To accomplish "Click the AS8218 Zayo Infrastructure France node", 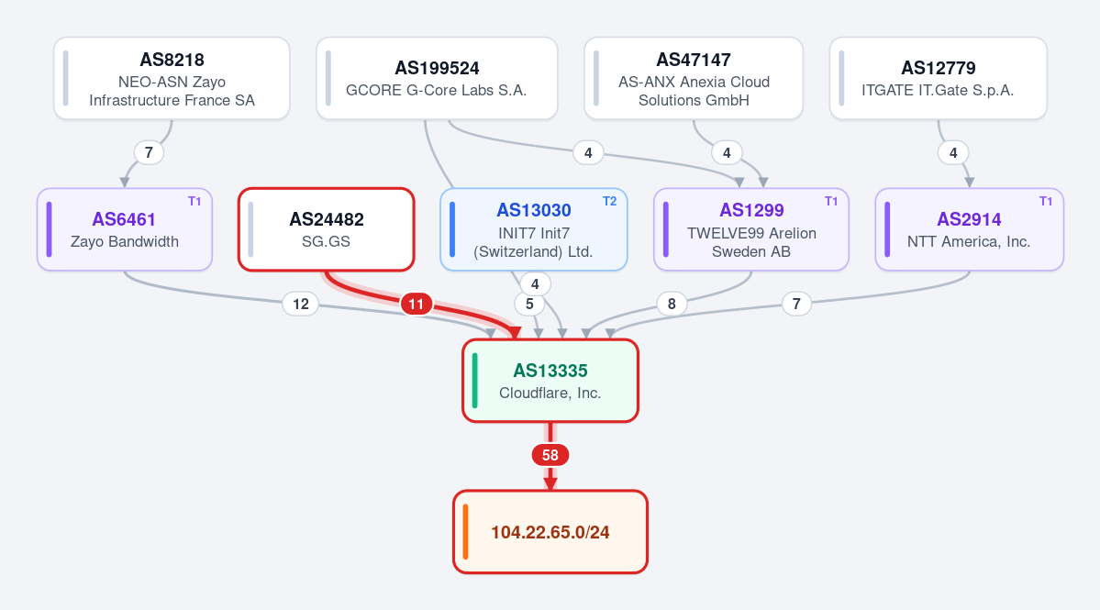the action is coord(172,79).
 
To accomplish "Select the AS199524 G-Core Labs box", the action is coord(437,79).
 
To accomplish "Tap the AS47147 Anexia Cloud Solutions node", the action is coord(693,79).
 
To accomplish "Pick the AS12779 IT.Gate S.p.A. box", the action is coord(938,79).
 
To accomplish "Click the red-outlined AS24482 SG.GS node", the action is coord(327,229).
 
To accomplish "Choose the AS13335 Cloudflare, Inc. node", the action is coord(550,381).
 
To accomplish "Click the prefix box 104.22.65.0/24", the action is coord(550,532).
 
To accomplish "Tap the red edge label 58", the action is coord(550,455).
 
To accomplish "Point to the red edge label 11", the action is coord(416,304).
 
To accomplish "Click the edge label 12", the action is coord(300,304).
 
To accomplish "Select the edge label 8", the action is coord(672,304).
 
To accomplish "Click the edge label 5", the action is coord(529,304).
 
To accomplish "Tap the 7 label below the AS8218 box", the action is coord(149,152).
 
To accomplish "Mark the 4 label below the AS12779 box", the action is coord(952,152).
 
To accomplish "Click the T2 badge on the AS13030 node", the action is coord(609,201).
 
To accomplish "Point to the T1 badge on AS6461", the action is coord(194,201).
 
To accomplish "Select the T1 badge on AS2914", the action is coord(1045,201).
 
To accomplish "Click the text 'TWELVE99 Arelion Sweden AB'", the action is coord(751,242).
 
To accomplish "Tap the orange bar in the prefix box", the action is coord(465,532).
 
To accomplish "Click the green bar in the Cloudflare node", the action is coord(475,381).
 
